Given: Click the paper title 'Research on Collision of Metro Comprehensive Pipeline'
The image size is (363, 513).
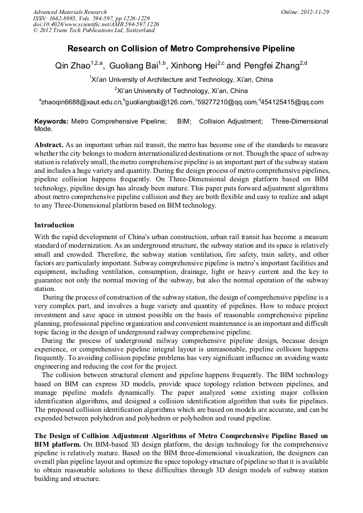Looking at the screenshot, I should [182, 49].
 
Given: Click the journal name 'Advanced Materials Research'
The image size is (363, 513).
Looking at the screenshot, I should [70, 12].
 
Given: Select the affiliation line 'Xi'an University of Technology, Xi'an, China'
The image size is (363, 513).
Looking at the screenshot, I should [182, 91].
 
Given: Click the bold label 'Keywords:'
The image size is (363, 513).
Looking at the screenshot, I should [51, 122].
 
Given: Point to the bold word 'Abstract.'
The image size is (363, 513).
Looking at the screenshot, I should [49, 146].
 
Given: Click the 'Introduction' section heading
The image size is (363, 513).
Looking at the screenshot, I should [54, 225].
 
